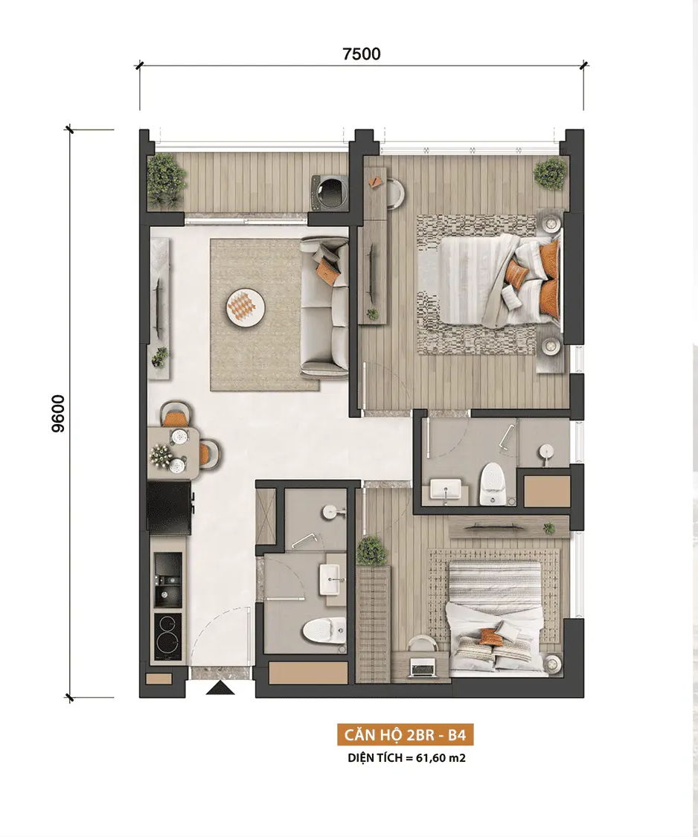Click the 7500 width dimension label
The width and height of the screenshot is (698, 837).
click(362, 54)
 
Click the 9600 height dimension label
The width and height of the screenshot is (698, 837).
click(58, 414)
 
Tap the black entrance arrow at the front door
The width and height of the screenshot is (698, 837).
click(220, 689)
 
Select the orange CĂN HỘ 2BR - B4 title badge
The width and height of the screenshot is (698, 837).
click(406, 735)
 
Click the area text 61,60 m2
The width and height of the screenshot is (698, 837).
click(443, 758)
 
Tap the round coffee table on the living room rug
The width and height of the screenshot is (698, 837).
click(246, 307)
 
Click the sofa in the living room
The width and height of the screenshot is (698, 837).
click(324, 307)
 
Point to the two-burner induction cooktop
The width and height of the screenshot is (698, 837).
click(167, 637)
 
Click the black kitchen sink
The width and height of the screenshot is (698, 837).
click(167, 579)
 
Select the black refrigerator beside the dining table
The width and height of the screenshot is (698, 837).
click(169, 507)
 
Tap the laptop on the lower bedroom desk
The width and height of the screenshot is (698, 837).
click(421, 668)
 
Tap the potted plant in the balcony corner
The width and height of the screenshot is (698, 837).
click(166, 180)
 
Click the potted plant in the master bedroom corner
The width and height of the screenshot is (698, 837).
click(549, 173)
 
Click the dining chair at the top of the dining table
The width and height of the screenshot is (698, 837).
click(176, 414)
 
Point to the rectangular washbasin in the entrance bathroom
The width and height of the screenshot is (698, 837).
click(333, 579)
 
